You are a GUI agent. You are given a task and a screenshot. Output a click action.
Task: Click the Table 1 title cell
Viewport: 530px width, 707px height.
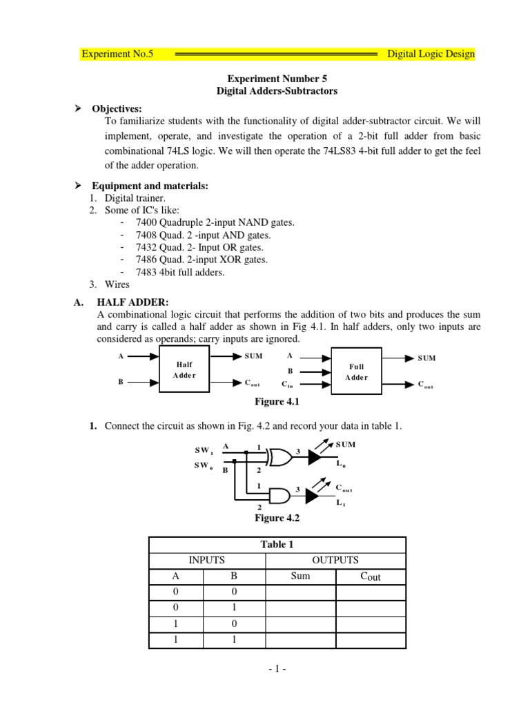[277, 544]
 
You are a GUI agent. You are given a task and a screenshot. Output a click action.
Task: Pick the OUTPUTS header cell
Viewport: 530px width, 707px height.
[335, 560]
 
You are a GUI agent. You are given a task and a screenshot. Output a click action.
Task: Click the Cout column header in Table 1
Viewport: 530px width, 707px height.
[371, 577]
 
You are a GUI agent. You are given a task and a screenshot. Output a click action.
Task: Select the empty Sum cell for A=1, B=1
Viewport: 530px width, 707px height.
[300, 640]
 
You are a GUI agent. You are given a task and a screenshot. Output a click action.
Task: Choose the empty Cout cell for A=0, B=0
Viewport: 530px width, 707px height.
[371, 592]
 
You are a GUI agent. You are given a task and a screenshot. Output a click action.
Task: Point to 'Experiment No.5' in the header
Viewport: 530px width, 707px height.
[113, 54]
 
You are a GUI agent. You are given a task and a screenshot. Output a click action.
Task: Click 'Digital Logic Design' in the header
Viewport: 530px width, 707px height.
[430, 54]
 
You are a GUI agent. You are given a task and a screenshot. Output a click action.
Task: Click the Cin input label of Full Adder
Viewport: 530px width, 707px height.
[288, 383]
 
